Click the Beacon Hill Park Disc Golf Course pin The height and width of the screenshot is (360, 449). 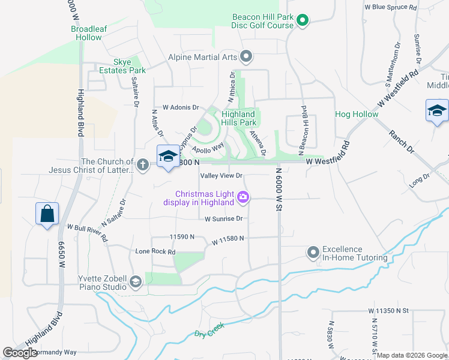303,22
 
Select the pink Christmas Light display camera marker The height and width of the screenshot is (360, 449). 243,197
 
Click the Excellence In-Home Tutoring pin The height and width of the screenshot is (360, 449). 312,253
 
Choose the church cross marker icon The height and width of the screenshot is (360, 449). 142,164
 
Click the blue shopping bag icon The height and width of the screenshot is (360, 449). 47,214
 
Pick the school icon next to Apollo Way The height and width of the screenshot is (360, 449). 167,157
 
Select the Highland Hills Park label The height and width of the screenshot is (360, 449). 238,118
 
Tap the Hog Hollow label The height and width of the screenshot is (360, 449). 357,114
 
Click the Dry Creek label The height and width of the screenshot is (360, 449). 209,330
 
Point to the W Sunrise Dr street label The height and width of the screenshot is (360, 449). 223,219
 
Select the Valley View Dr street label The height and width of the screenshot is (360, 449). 221,176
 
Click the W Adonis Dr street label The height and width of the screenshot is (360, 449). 176,107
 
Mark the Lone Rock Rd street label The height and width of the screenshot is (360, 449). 155,251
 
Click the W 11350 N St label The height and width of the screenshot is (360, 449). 388,311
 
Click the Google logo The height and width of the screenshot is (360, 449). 20,352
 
